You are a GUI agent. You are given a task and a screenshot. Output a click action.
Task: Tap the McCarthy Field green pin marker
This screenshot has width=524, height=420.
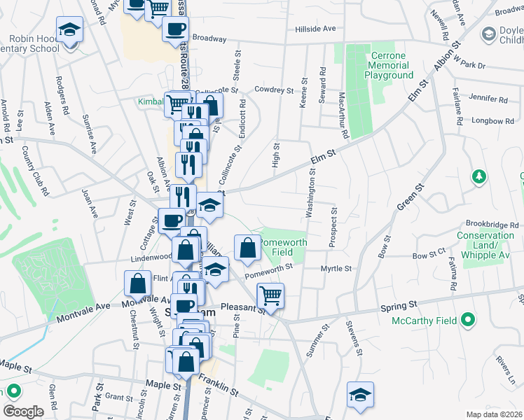(x=469, y=322)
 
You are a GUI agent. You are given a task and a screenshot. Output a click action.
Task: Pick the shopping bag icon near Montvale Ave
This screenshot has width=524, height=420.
(x=137, y=283)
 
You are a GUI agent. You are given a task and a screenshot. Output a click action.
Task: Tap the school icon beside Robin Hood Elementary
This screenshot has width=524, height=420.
(x=69, y=30)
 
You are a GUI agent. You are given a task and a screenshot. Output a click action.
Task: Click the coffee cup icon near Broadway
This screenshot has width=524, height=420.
(x=175, y=29)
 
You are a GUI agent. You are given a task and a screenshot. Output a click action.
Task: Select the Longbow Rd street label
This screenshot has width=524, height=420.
(x=488, y=121)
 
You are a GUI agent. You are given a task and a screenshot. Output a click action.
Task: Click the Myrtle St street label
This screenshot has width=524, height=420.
(x=336, y=268)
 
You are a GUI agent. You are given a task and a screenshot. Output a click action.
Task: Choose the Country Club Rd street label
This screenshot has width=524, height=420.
(x=36, y=171)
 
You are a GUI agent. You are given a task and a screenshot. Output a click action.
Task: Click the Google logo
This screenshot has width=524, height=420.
(x=23, y=412)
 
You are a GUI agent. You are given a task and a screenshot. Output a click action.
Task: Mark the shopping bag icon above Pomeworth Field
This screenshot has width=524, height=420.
(x=247, y=248)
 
